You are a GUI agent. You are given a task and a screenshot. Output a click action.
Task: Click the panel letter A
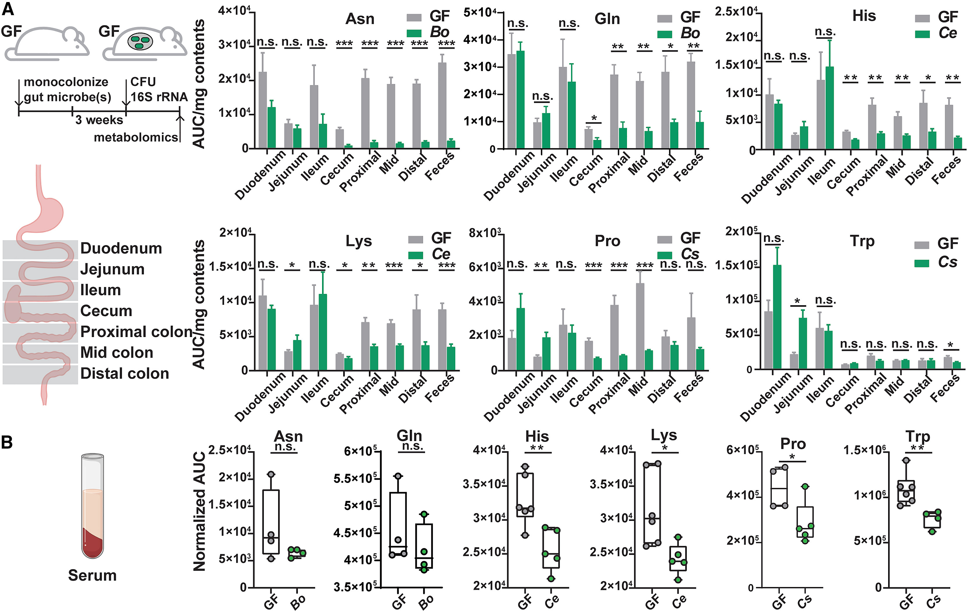(8, 9)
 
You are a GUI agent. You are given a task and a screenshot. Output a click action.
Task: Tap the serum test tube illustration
(92, 506)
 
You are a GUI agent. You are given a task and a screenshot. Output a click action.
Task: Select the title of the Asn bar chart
(360, 19)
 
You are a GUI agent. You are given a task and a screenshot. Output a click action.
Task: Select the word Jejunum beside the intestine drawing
(112, 269)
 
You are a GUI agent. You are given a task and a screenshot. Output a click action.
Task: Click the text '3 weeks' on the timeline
(99, 120)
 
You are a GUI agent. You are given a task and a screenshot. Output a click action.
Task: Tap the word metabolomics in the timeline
(136, 137)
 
